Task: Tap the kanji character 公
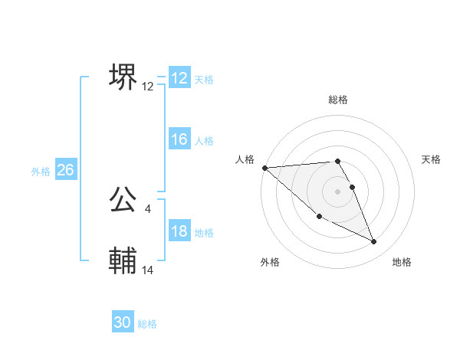coord(123,200)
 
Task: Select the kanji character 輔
coord(123,261)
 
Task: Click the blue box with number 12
coord(179,78)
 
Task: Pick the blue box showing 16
coord(179,139)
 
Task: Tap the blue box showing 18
coord(179,231)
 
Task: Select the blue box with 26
coord(65,170)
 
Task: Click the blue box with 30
coord(123,322)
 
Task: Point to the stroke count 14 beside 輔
coord(148,270)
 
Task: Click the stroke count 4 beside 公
coord(147,208)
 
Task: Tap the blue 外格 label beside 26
coord(41,172)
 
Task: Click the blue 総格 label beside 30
coord(147,324)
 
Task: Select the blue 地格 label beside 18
coord(204,233)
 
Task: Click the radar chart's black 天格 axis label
coord(431,159)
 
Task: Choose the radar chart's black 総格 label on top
coord(338,100)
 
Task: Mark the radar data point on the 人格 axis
coord(264,167)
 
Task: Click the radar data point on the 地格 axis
coord(374,242)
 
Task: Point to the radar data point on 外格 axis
coord(319,217)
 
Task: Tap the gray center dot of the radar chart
coord(338,191)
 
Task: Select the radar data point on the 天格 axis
coord(353,186)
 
